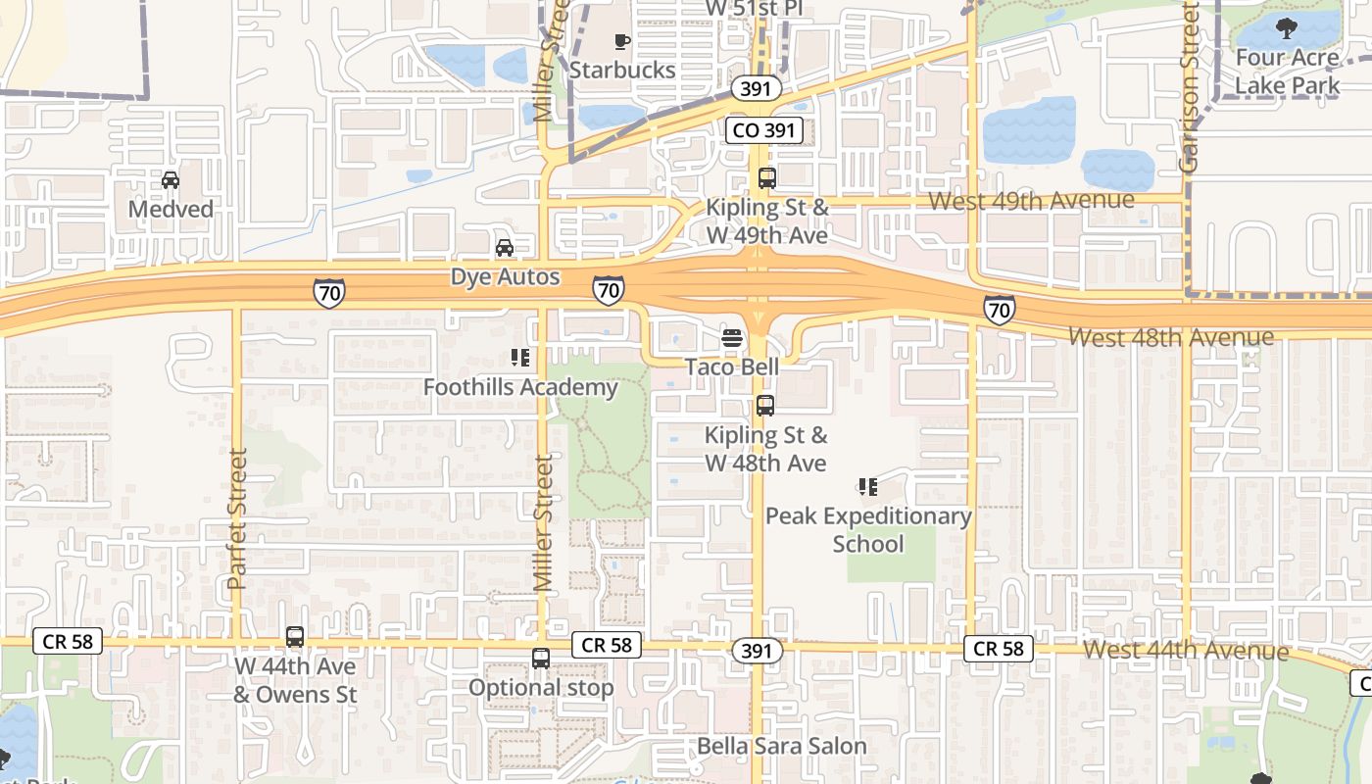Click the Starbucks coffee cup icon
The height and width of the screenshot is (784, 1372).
pyautogui.click(x=621, y=41)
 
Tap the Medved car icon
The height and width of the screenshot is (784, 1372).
pyautogui.click(x=171, y=180)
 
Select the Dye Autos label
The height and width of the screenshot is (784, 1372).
pyautogui.click(x=505, y=276)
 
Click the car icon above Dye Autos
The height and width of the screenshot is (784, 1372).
pyautogui.click(x=505, y=248)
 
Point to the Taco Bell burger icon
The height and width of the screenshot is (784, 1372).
pyautogui.click(x=732, y=339)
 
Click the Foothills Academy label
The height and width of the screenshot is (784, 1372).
pyautogui.click(x=520, y=387)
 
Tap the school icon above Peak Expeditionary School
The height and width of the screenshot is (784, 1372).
pyautogui.click(x=867, y=486)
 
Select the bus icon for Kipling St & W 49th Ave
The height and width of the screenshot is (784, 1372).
pyautogui.click(x=766, y=178)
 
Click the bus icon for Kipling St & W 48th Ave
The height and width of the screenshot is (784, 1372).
pyautogui.click(x=765, y=405)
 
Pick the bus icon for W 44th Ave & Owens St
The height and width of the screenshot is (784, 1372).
pyautogui.click(x=295, y=637)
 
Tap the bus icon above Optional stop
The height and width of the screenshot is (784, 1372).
pyautogui.click(x=541, y=659)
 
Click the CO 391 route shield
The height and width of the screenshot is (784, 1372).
pyautogui.click(x=764, y=129)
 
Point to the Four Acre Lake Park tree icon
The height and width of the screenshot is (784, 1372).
pyautogui.click(x=1286, y=27)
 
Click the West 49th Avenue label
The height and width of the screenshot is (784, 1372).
pyautogui.click(x=1031, y=201)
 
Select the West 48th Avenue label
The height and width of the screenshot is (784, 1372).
pyautogui.click(x=1171, y=337)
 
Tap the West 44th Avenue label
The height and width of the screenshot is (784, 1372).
pyautogui.click(x=1186, y=650)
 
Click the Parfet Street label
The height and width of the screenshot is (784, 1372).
pyautogui.click(x=236, y=518)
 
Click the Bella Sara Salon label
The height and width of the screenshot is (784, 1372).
pyautogui.click(x=782, y=746)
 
